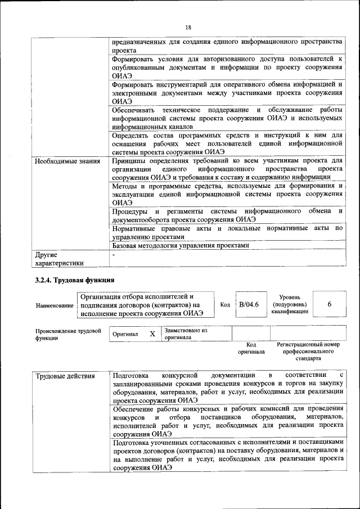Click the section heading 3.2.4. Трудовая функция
coord(75,280)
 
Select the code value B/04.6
coord(248,304)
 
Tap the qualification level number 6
coord(329,304)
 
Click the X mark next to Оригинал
coord(152,334)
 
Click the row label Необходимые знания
coord(67,161)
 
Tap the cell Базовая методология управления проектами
coord(180,245)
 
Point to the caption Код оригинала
coord(251,348)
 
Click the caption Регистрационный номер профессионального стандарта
coord(308,351)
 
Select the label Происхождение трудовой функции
coord(67,335)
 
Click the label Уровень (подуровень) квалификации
coord(293,304)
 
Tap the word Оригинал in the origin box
coord(125,334)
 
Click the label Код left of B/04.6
coord(224,305)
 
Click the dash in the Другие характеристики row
coord(114,255)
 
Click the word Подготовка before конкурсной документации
coord(130,375)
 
